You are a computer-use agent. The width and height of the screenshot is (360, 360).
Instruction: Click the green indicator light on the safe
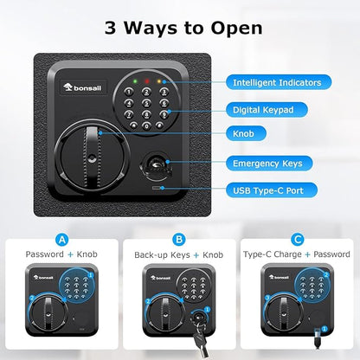(135, 81)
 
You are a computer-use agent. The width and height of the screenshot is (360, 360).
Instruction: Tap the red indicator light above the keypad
(147, 81)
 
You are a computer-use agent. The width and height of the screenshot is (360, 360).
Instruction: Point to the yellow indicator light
(159, 81)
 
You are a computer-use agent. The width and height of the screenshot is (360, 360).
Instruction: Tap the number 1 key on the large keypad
(129, 92)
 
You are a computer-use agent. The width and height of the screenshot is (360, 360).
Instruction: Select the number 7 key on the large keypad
(129, 115)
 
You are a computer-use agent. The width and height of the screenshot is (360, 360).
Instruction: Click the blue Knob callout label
(246, 133)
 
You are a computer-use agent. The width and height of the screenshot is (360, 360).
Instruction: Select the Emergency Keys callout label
(269, 164)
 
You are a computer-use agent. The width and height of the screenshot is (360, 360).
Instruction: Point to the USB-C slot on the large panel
(157, 188)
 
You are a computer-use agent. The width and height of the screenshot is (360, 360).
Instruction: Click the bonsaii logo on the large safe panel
(82, 87)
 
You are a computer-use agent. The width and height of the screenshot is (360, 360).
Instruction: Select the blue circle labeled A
(62, 240)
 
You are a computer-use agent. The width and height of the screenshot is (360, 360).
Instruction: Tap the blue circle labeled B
(179, 240)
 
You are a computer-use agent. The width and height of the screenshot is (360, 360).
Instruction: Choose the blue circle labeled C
(298, 240)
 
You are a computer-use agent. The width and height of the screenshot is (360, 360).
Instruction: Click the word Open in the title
(236, 29)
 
